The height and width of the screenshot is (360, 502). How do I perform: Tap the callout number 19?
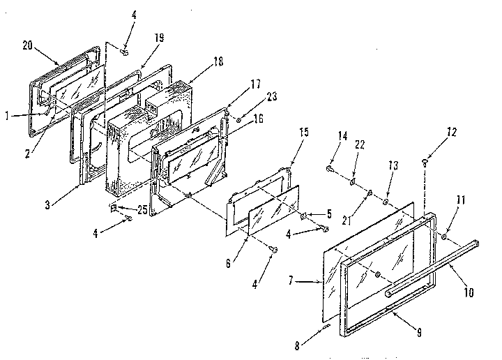[160, 38]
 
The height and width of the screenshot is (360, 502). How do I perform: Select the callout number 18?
[218, 62]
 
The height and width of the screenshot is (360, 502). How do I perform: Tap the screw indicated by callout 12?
[424, 163]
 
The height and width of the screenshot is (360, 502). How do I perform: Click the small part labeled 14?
[328, 168]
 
